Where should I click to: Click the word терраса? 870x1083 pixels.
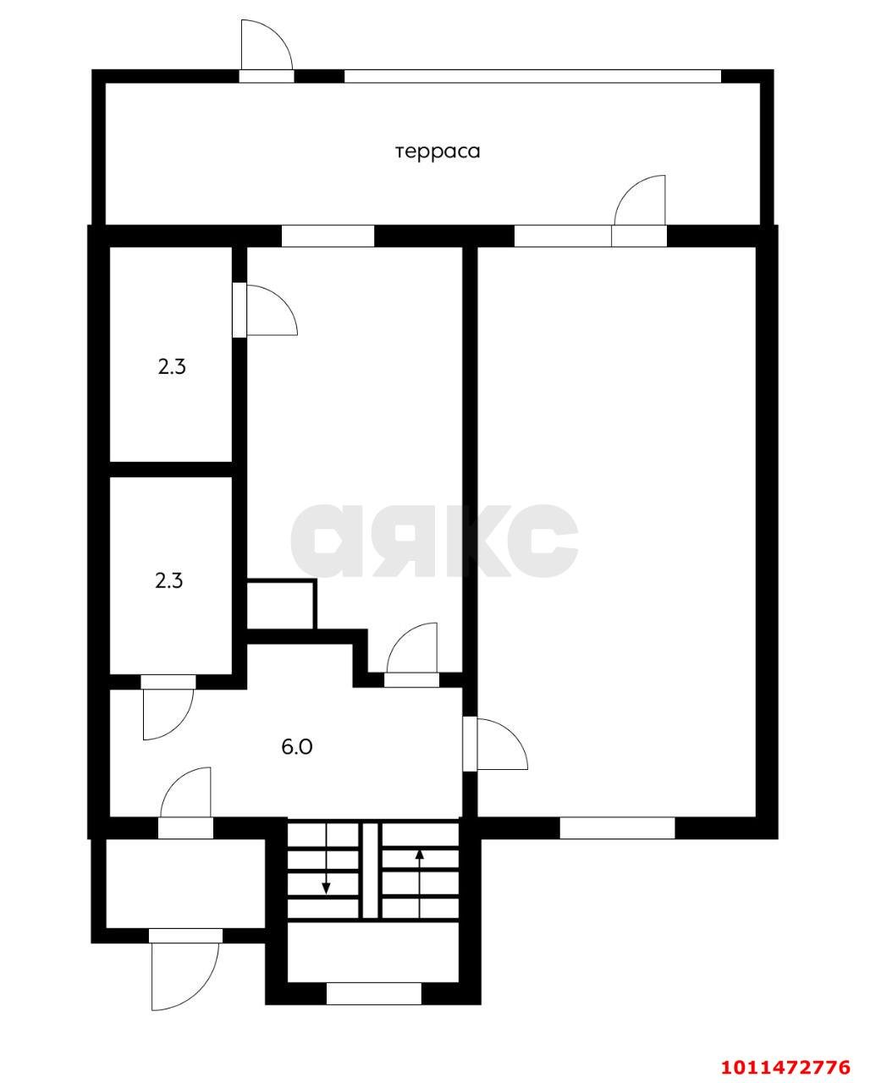438,151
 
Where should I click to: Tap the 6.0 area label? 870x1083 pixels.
296,746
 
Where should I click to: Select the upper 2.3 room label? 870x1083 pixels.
172,367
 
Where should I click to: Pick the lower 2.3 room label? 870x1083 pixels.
169,581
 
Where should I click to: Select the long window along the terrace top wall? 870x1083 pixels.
532,76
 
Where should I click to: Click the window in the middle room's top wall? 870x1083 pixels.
328,236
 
